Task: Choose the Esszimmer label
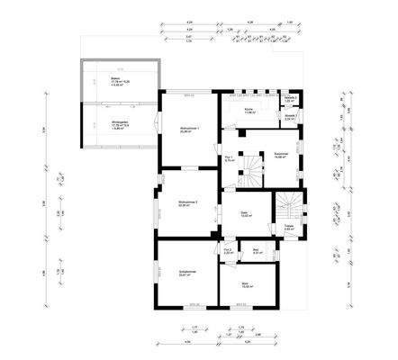pyautogui.click(x=281, y=154)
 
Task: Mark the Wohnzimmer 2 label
pyautogui.click(x=187, y=203)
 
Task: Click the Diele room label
pyautogui.click(x=245, y=212)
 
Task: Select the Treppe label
pyautogui.click(x=290, y=226)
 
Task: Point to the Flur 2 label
pyautogui.click(x=228, y=250)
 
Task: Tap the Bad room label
pyautogui.click(x=257, y=251)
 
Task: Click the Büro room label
pyautogui.click(x=245, y=282)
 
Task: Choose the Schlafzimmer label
pyautogui.click(x=186, y=271)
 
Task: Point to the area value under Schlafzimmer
pyautogui.click(x=186, y=274)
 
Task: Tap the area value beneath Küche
pyautogui.click(x=248, y=112)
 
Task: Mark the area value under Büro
pyautogui.click(x=245, y=286)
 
